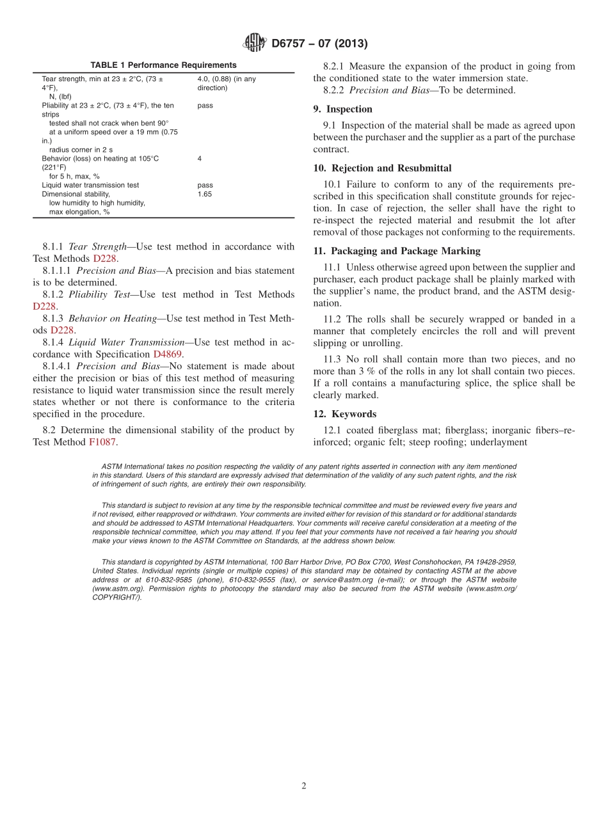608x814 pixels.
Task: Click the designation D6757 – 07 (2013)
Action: [x=319, y=44]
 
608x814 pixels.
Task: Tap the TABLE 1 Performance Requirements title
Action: [x=163, y=65]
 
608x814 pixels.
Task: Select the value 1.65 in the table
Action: [x=205, y=194]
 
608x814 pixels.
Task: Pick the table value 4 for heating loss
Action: [x=200, y=158]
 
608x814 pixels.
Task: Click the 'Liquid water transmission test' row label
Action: [x=90, y=185]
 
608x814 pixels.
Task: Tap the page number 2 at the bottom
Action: [x=304, y=786]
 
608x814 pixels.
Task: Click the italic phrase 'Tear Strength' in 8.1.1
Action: [x=96, y=246]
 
